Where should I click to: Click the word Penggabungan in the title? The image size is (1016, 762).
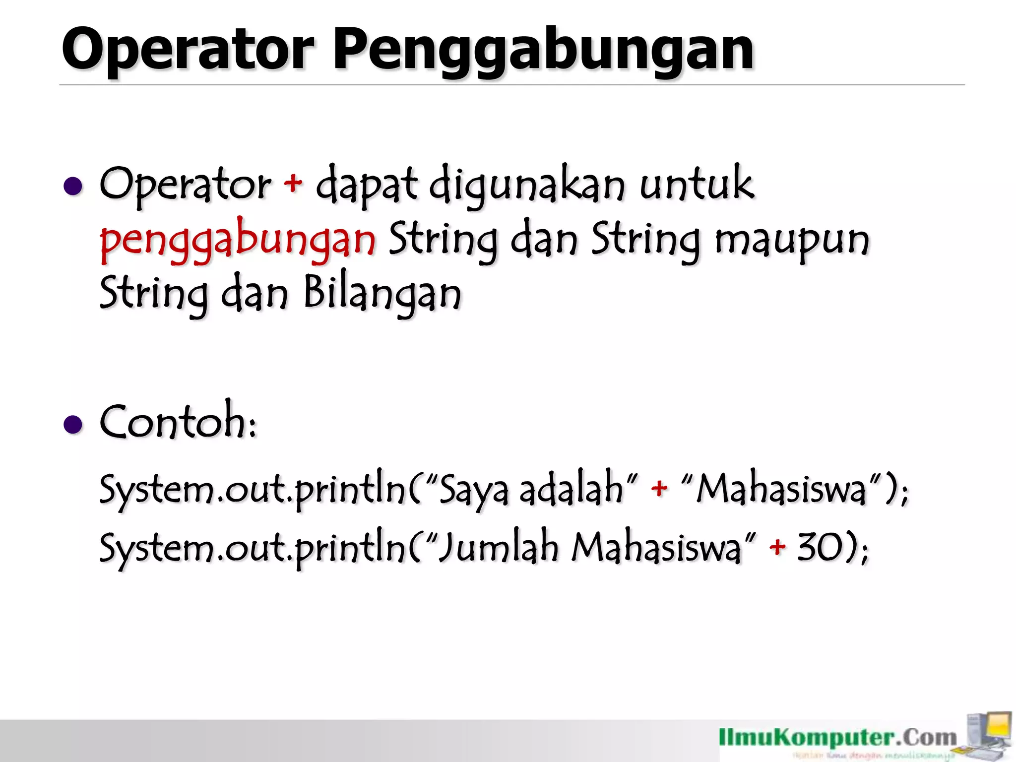click(543, 50)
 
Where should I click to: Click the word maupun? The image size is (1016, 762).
click(792, 241)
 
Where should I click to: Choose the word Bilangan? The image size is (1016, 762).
click(382, 294)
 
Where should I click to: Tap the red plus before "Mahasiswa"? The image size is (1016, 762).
click(659, 489)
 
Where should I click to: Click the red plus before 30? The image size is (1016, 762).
click(777, 547)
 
